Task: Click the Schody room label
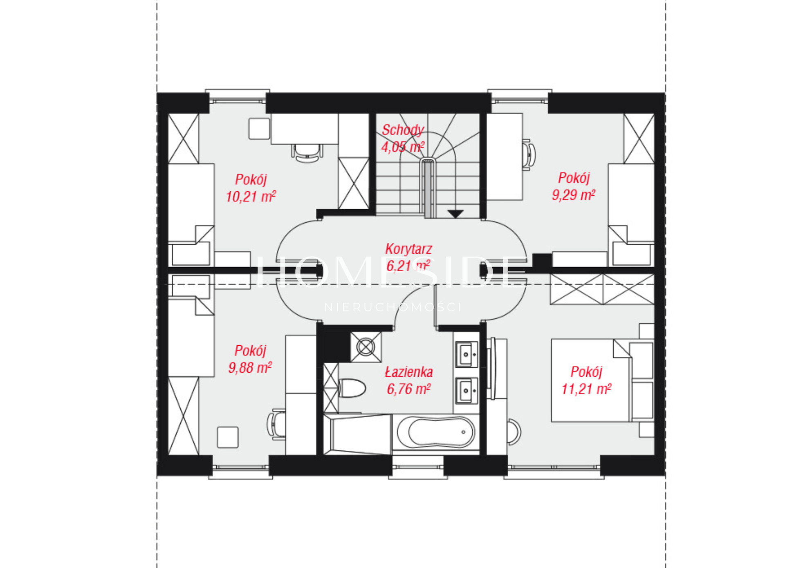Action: click(x=403, y=130)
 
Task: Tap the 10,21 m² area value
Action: click(x=251, y=197)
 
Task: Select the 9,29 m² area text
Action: click(x=573, y=195)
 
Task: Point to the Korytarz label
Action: click(x=408, y=249)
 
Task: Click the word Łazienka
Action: click(x=409, y=372)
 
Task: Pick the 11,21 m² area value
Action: click(x=586, y=389)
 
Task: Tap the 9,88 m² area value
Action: click(x=250, y=368)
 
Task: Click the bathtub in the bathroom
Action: click(x=436, y=432)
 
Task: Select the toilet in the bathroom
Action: click(x=352, y=388)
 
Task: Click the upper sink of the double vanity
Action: click(x=467, y=354)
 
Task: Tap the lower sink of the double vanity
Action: click(x=467, y=390)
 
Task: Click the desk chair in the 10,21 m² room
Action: click(x=307, y=152)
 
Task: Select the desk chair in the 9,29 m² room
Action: click(x=529, y=155)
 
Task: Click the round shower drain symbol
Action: click(x=366, y=347)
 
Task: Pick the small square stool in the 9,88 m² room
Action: click(x=228, y=437)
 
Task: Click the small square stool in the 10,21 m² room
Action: click(x=259, y=129)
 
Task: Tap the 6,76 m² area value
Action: click(x=408, y=389)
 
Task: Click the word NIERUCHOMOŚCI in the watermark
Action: click(x=393, y=307)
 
